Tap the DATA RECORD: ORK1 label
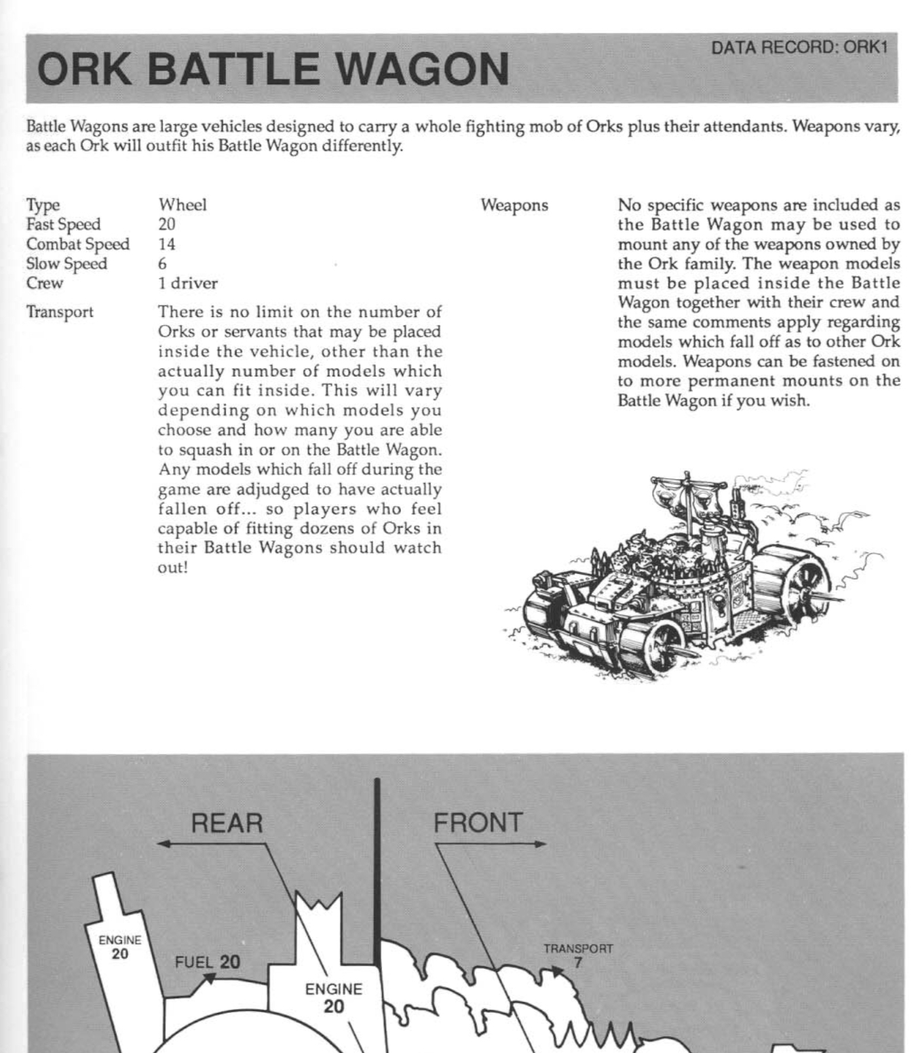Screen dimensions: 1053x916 click(799, 47)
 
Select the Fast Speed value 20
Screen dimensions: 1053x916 click(167, 225)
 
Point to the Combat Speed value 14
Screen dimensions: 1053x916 click(167, 244)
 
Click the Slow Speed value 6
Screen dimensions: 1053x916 click(163, 264)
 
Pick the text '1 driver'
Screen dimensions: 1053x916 click(188, 284)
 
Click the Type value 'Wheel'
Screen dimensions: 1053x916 click(183, 205)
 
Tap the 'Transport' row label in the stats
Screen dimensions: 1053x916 click(60, 312)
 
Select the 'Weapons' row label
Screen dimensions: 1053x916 click(514, 205)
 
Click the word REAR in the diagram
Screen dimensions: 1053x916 click(227, 823)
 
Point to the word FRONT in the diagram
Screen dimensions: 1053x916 click(478, 823)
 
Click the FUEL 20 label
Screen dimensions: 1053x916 click(208, 962)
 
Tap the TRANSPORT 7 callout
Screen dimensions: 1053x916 click(578, 955)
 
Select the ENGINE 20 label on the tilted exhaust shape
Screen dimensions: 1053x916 click(120, 947)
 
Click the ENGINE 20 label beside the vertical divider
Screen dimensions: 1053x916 click(333, 998)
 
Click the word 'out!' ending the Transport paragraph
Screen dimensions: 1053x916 click(172, 567)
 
